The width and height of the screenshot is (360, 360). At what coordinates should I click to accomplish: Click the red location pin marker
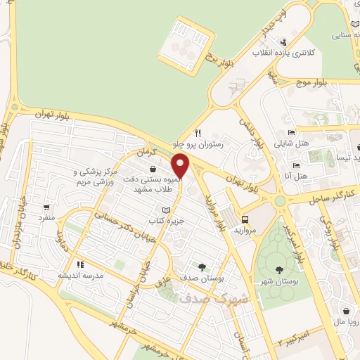pos(181,166)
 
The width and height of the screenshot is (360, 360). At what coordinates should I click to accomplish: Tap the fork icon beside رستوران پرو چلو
pos(199,132)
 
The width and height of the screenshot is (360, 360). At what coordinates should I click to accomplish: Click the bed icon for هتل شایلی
pos(292,132)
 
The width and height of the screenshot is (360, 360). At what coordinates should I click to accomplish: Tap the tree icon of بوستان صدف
pos(202,267)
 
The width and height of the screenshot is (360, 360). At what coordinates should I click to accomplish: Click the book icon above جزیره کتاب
pos(166,210)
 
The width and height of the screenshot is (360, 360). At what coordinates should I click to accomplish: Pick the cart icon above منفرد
pos(47,207)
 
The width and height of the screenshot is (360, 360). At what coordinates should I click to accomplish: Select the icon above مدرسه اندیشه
pos(81,265)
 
